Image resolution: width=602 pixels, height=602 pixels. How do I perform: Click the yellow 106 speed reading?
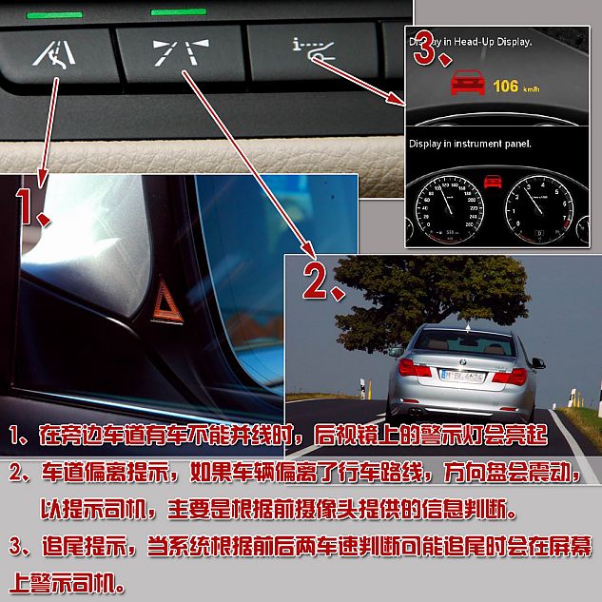coord(506,87)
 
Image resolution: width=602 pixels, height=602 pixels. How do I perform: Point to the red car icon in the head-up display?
coord(465,85)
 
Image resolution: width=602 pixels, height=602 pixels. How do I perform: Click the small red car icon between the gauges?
coord(492,181)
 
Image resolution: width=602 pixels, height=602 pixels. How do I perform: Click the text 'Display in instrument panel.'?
coord(470,144)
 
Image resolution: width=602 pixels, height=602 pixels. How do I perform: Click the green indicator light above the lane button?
coord(178,12)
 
